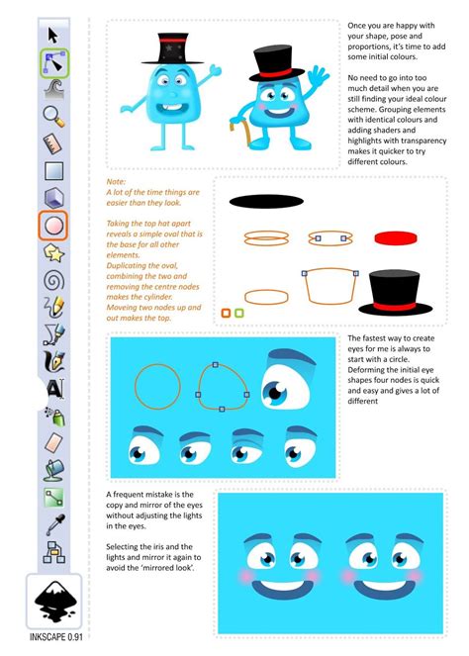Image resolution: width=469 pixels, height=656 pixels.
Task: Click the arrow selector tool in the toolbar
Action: tap(52, 36)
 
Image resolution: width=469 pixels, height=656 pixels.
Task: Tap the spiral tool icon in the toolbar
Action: tap(52, 279)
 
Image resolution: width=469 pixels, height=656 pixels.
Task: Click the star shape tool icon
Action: tap(52, 253)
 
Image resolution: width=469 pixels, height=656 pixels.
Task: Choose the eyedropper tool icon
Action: tap(52, 523)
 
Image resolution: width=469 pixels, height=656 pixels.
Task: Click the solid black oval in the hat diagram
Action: tap(263, 202)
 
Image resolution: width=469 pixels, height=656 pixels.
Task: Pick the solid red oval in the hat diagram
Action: tap(394, 238)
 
